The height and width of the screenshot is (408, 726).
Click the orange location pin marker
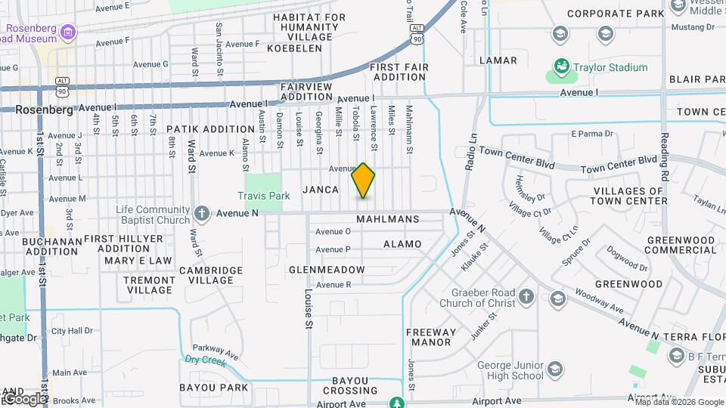coord(364,181)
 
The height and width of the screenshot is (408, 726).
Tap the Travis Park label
coord(263,196)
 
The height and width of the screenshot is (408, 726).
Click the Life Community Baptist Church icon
coord(201,212)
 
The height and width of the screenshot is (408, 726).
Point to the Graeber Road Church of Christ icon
coord(526,295)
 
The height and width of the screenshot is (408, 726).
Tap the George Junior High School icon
coord(555,369)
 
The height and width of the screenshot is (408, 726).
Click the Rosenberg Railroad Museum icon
coord(69,32)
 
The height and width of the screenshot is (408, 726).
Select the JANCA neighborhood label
coord(321,190)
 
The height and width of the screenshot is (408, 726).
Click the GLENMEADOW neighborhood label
coord(327,270)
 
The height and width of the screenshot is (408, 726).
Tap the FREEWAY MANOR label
coord(431,337)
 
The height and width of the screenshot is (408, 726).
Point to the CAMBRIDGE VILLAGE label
coord(211,275)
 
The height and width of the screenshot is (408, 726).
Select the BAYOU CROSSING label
coord(350,386)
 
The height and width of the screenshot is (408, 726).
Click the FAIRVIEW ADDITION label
coord(306,91)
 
